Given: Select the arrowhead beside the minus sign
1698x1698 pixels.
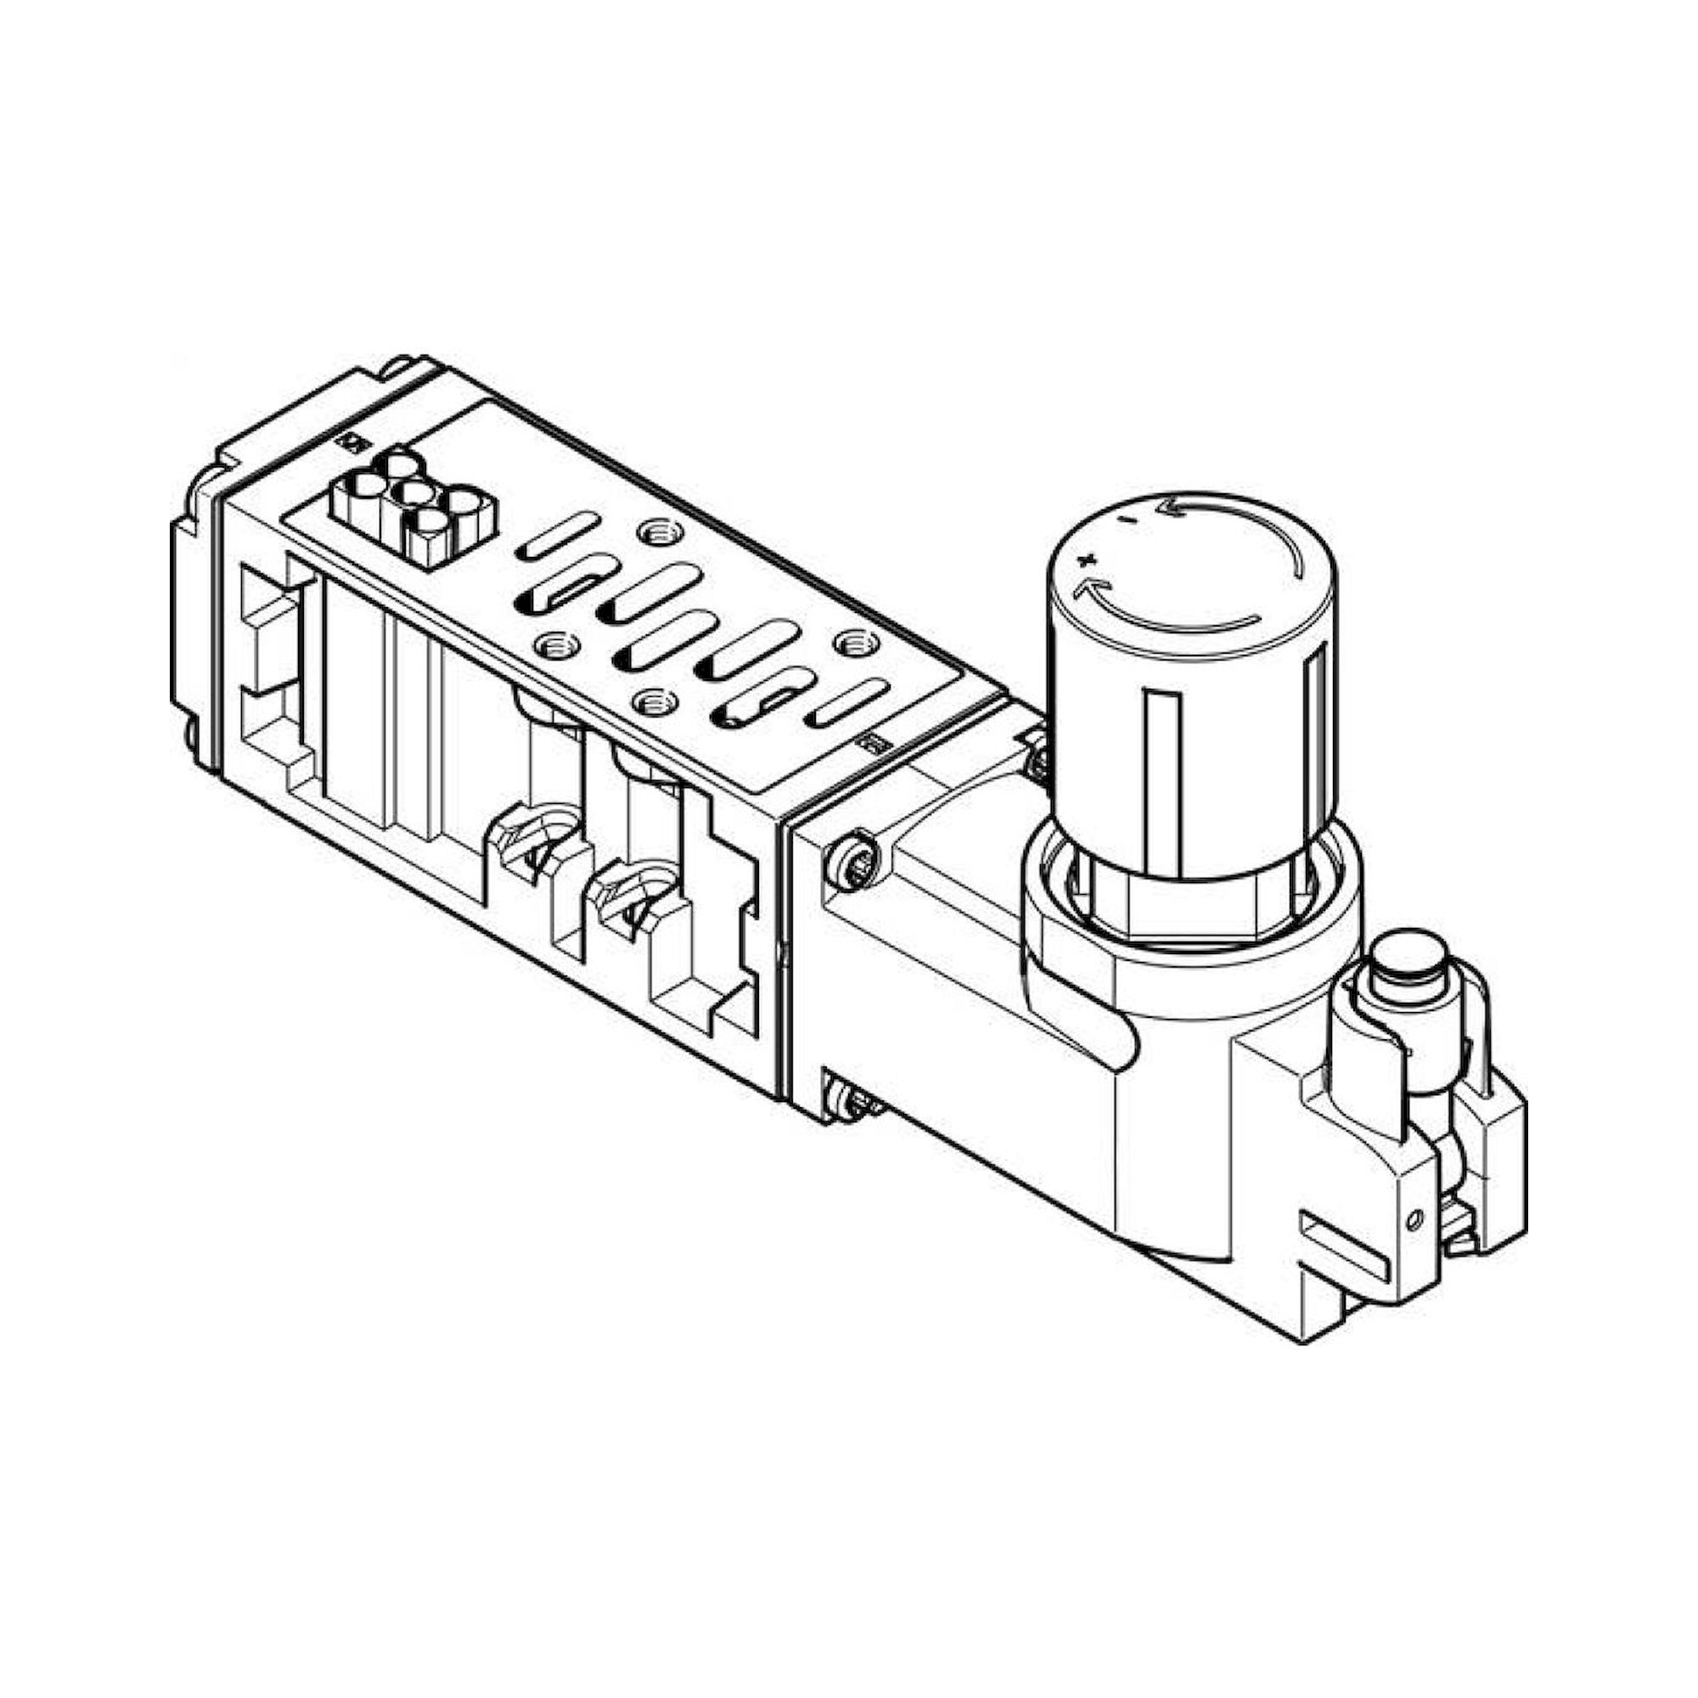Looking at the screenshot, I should (1170, 507).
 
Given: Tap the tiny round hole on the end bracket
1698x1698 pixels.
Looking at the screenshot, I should (1414, 1219).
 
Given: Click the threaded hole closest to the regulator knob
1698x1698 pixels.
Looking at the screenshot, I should (849, 644).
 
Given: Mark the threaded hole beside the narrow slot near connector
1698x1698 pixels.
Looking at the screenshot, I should (656, 531).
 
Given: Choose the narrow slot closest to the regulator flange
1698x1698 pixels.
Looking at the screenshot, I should (847, 706).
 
